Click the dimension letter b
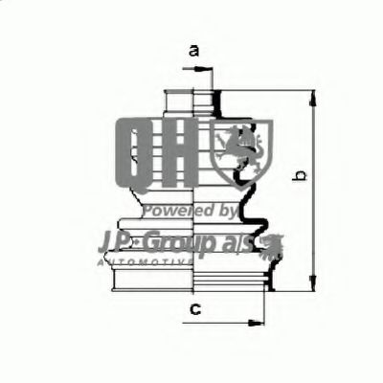[299, 176]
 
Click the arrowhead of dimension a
[205, 69]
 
